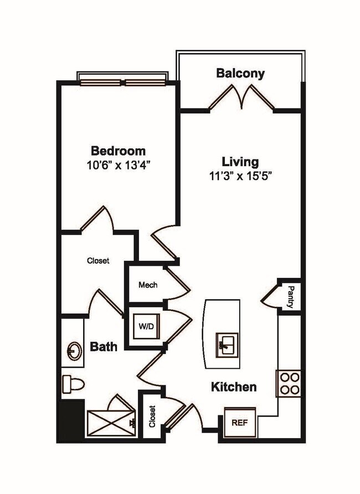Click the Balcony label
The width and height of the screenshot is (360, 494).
point(240,73)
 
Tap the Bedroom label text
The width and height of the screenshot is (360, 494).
point(118,151)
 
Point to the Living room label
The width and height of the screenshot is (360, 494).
point(240,162)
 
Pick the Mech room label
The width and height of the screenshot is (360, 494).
point(148,285)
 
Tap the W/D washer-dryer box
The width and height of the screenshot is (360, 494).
point(146,327)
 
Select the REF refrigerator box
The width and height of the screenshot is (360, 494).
point(240,422)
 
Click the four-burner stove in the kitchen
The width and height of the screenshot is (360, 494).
point(289,383)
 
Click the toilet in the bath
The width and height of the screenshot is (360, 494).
point(73,383)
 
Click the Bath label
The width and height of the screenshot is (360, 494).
point(104,347)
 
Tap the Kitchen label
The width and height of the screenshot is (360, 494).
point(234,387)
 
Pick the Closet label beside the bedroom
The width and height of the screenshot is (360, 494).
point(98,260)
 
